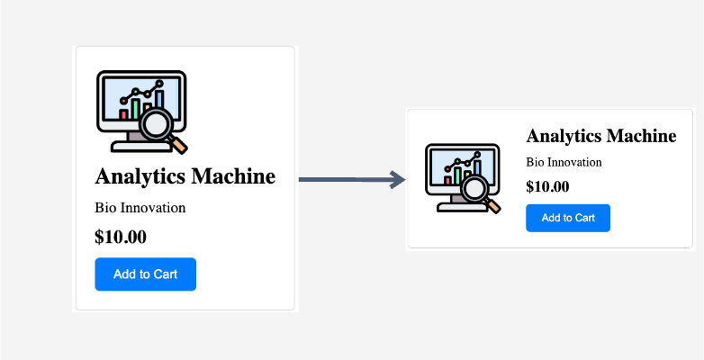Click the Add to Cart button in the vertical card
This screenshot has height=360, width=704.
coord(146,274)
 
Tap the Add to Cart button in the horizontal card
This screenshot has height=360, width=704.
coord(568,218)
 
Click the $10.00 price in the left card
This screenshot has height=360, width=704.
coord(121,237)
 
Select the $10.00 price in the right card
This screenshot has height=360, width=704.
coord(547,186)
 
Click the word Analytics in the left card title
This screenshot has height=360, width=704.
coord(140,176)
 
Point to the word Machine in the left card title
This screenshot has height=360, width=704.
coord(233,175)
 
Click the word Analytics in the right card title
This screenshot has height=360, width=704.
coord(564,136)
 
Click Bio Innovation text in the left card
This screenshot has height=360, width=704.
coord(140,208)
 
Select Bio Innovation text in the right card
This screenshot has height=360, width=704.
coord(564,162)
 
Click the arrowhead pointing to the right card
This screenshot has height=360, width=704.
coord(398,180)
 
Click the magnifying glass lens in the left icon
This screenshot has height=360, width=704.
coord(156,124)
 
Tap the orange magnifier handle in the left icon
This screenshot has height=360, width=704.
coord(179,145)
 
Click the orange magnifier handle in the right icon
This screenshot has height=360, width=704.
coord(494,206)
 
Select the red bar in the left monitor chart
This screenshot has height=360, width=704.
coord(123,114)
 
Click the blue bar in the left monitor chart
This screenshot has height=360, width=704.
coord(159,99)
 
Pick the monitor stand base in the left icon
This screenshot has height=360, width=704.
coord(141,147)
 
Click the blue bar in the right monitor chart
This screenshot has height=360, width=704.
coord(477,167)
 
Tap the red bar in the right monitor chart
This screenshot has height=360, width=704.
coord(447,180)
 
